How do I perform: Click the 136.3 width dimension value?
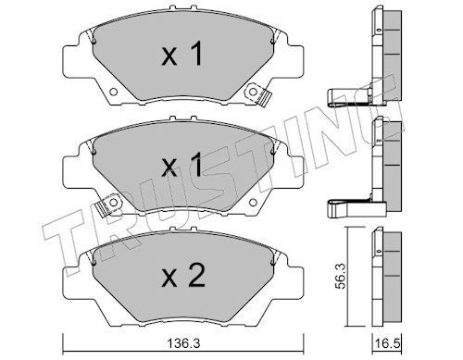click(183, 342)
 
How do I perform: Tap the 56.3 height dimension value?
click(340, 276)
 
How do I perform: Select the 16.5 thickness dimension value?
click(387, 343)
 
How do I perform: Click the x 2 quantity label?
click(183, 276)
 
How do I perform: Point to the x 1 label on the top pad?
click(182, 54)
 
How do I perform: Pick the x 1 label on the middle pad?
click(182, 165)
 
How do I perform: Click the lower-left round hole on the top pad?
click(113, 92)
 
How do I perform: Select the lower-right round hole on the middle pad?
click(253, 203)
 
